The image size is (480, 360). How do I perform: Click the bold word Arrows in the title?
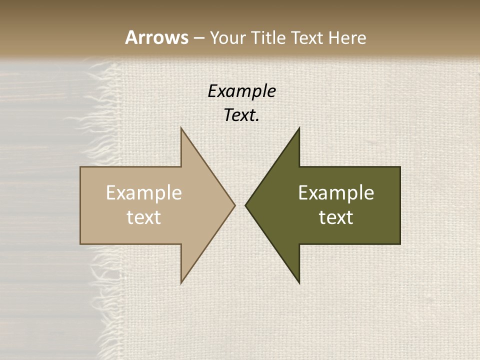pos(156,37)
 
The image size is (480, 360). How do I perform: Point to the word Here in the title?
pos(347,38)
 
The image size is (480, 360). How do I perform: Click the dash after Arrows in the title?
pos(198,38)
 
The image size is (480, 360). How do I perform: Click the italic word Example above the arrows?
pos(241,91)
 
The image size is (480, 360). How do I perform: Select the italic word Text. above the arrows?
pos(241,115)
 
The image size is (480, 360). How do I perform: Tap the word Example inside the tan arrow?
pos(144,193)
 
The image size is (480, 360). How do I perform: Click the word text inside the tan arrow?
pos(144,217)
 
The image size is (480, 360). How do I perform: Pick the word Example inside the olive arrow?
pos(336,193)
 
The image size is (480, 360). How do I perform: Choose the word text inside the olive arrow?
pos(336,217)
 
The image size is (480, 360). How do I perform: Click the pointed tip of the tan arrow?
pos(235,205)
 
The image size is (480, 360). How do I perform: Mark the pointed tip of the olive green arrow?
pos(245,205)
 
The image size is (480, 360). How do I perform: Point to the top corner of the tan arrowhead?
pos(181,127)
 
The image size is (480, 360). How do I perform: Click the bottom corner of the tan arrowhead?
pos(181,283)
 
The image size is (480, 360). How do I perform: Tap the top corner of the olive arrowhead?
pos(299,127)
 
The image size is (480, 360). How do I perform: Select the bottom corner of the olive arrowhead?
pos(299,283)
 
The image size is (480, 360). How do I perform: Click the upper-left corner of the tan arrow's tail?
pos(80,167)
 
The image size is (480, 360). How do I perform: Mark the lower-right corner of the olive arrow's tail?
pos(400,244)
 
